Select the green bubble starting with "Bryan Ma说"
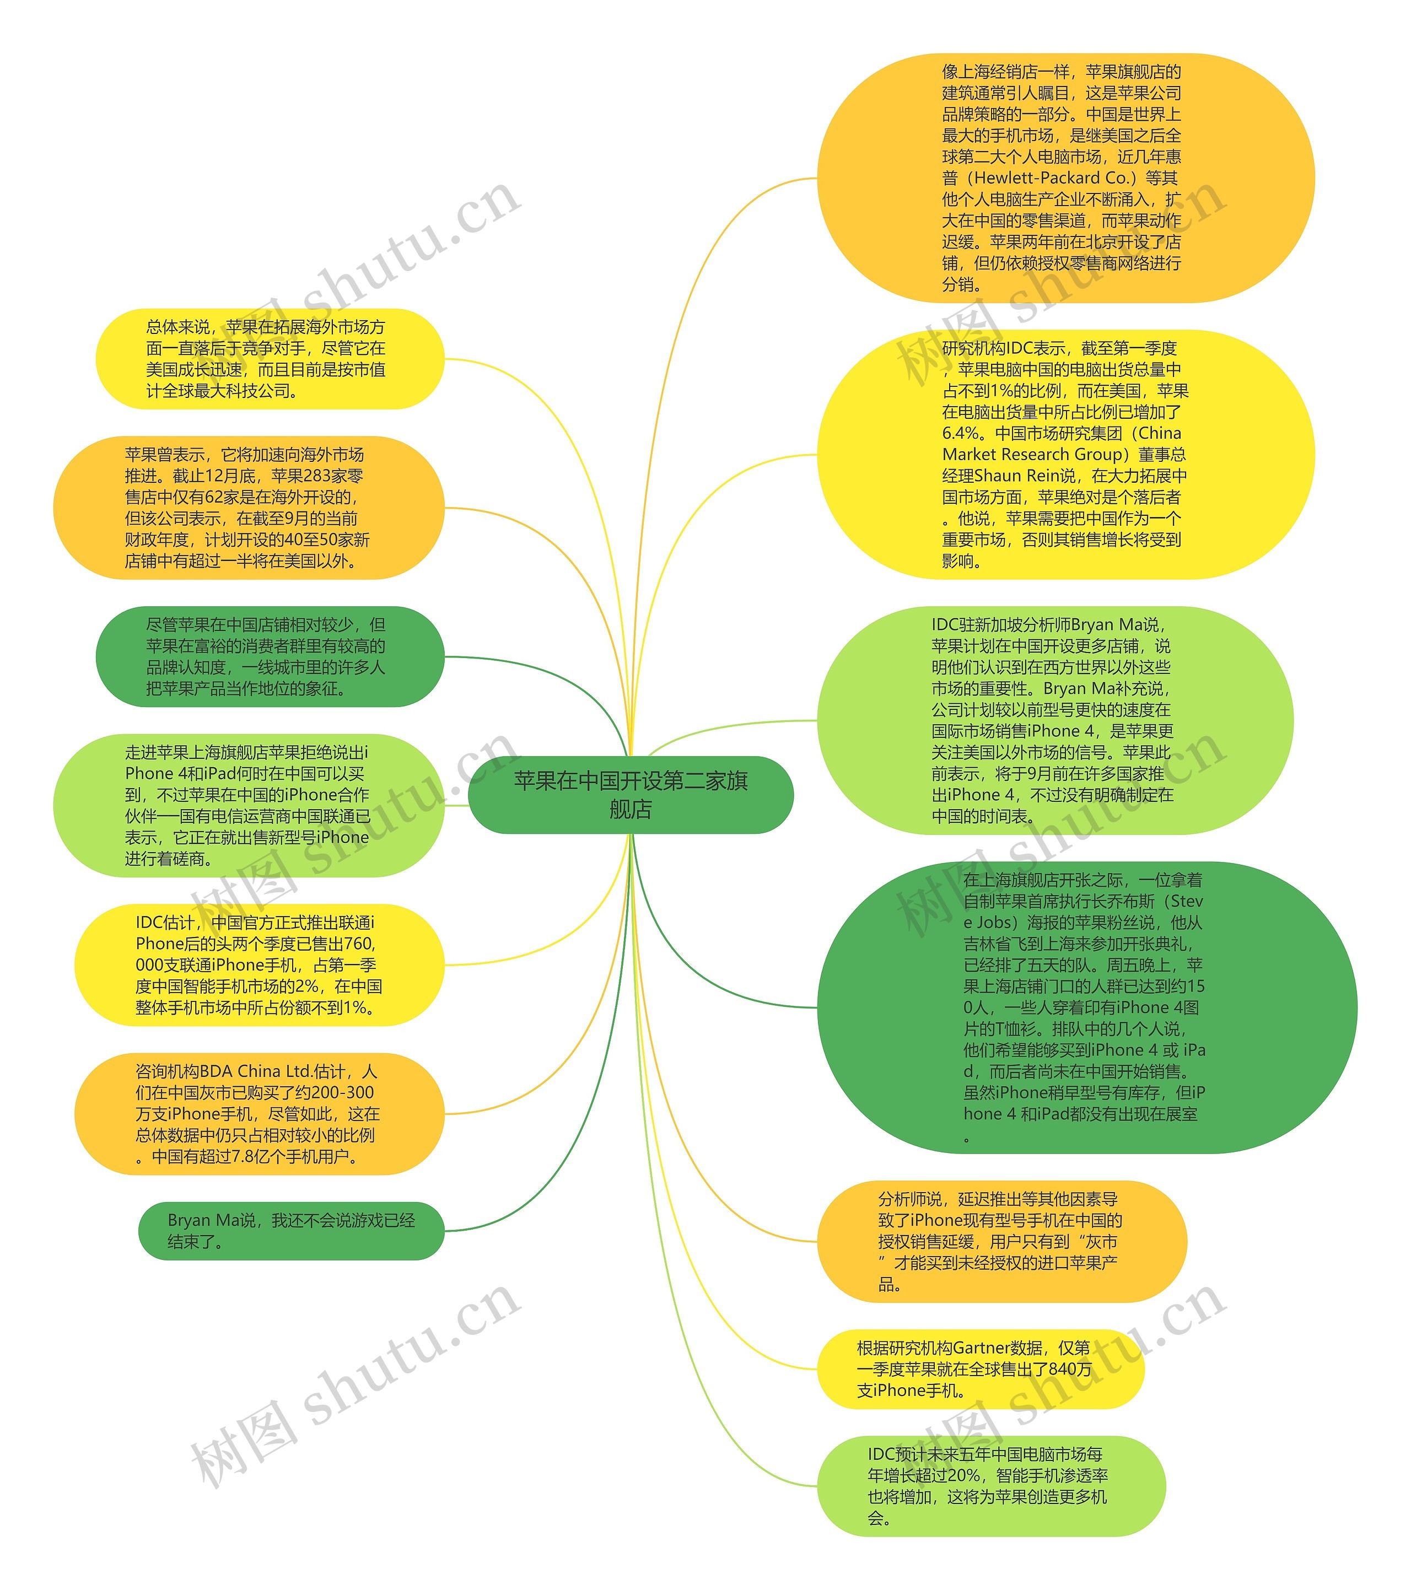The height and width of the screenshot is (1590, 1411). pos(291,1231)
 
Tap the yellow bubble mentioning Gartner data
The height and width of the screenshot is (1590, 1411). pos(980,1368)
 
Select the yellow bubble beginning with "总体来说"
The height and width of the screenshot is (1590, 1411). pos(269,359)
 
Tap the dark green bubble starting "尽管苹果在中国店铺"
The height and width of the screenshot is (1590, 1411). pos(269,656)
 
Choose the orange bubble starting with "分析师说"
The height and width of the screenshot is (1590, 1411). pos(1002,1242)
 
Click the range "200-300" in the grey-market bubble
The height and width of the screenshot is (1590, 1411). pos(343,1092)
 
